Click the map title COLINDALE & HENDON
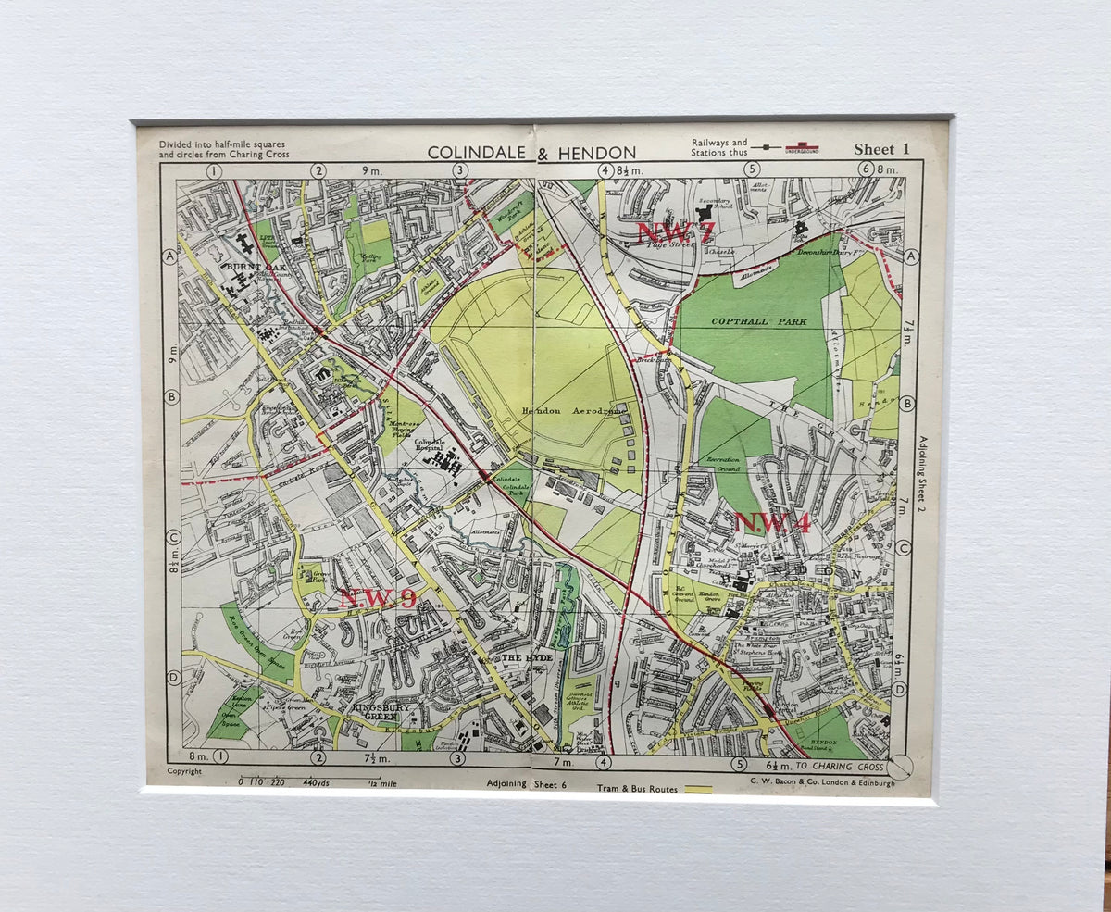pos(531,153)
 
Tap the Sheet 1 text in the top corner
pos(881,149)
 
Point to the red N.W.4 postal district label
pos(772,523)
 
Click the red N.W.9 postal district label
pos(377,598)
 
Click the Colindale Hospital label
pos(431,447)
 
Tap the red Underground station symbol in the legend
pos(802,147)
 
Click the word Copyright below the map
pos(184,771)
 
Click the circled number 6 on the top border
pos(866,169)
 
